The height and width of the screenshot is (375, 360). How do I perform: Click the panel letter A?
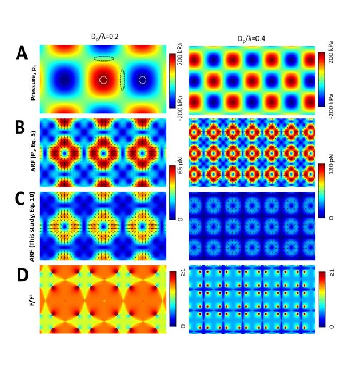[21, 54]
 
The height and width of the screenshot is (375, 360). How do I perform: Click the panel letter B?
[20, 128]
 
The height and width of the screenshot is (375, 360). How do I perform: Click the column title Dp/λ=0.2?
[102, 36]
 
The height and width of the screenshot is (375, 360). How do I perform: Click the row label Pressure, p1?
[33, 80]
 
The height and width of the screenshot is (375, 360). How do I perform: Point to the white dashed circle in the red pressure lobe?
[104, 80]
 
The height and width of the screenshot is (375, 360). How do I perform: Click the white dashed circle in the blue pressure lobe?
[142, 80]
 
